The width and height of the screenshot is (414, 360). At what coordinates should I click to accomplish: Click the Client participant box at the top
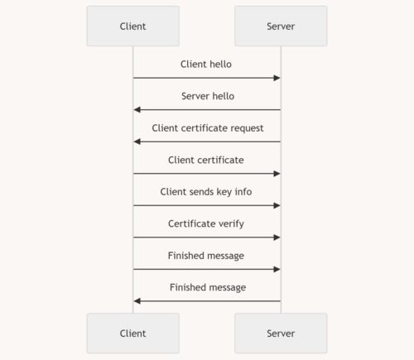[133, 26]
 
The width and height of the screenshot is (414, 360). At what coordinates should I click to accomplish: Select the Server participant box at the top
[281, 26]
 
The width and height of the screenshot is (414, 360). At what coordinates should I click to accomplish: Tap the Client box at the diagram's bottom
[133, 334]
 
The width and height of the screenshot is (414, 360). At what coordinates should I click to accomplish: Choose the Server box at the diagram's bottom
[281, 334]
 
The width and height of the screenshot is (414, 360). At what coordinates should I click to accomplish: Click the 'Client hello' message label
[206, 64]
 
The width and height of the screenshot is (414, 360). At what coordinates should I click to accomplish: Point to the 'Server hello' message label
[208, 96]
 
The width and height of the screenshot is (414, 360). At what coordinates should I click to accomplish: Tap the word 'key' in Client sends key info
[224, 192]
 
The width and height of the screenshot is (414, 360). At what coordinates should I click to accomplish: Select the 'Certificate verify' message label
[206, 223]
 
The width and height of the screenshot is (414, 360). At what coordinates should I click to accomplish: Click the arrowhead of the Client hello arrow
[277, 78]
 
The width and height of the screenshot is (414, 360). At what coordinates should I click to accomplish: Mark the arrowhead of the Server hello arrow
[137, 110]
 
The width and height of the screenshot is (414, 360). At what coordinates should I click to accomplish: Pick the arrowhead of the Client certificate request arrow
[137, 142]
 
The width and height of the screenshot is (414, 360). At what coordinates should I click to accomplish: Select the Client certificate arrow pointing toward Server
[207, 174]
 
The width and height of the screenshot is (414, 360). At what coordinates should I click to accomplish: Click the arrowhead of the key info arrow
[277, 205]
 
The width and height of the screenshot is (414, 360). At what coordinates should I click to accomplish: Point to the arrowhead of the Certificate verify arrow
[277, 238]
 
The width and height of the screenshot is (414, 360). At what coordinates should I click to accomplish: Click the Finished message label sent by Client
[206, 256]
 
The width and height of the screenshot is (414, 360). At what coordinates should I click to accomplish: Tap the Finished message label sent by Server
[208, 287]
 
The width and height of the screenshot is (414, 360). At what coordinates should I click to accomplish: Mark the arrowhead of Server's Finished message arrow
[137, 301]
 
